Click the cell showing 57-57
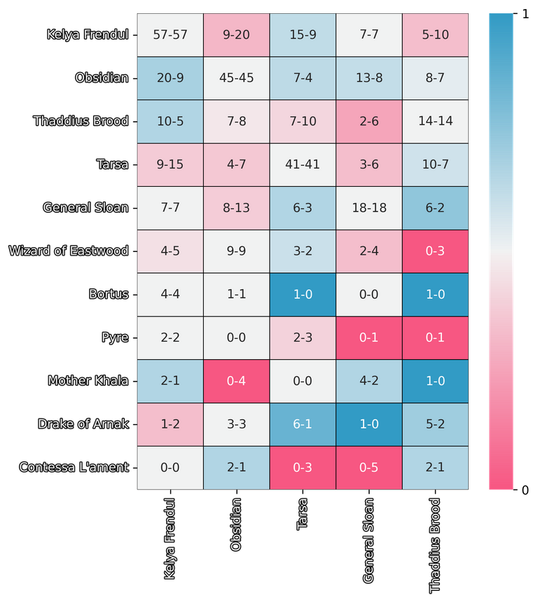(170, 34)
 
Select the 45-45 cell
(237, 78)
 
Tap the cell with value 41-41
(303, 164)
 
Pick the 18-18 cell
(369, 208)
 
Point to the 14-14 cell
(436, 121)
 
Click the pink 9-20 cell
(237, 34)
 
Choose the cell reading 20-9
(170, 78)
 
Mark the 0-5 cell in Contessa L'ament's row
(369, 468)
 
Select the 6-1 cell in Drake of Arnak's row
(303, 424)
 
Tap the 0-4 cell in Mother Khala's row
(237, 381)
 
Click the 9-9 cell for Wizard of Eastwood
(237, 251)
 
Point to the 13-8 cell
(369, 78)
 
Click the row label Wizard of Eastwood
(69, 251)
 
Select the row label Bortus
(109, 294)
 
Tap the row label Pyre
(115, 337)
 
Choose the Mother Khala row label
(88, 381)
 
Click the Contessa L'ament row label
(74, 468)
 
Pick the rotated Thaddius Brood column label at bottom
(436, 545)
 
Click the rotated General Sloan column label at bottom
(369, 540)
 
